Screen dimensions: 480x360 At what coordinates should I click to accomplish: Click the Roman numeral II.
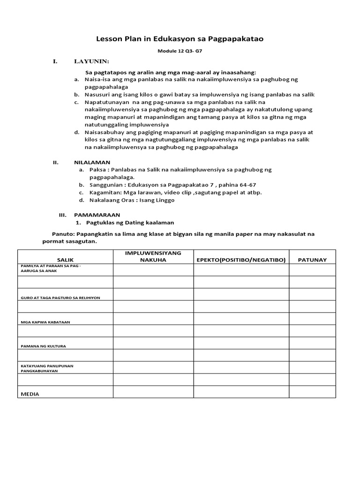coord(55,162)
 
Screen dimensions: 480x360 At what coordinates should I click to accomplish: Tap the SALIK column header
coord(65,260)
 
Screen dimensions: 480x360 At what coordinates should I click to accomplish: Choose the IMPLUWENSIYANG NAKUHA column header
coord(153,256)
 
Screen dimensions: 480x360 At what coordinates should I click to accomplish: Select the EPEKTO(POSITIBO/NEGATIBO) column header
coord(241,260)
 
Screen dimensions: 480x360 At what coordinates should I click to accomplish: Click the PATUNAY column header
coord(312,260)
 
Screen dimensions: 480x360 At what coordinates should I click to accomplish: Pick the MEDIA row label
coord(30,394)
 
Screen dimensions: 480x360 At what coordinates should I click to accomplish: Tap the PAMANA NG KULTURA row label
coord(43,346)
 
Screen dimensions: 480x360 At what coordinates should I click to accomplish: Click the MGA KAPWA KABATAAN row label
coord(48,322)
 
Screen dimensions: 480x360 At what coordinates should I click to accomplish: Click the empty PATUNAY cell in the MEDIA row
coord(312,392)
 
